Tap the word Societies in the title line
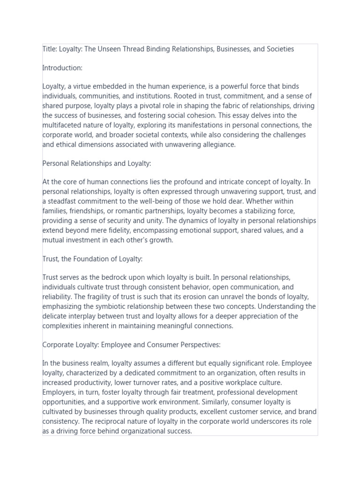click(x=279, y=49)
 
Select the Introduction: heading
click(x=62, y=68)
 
